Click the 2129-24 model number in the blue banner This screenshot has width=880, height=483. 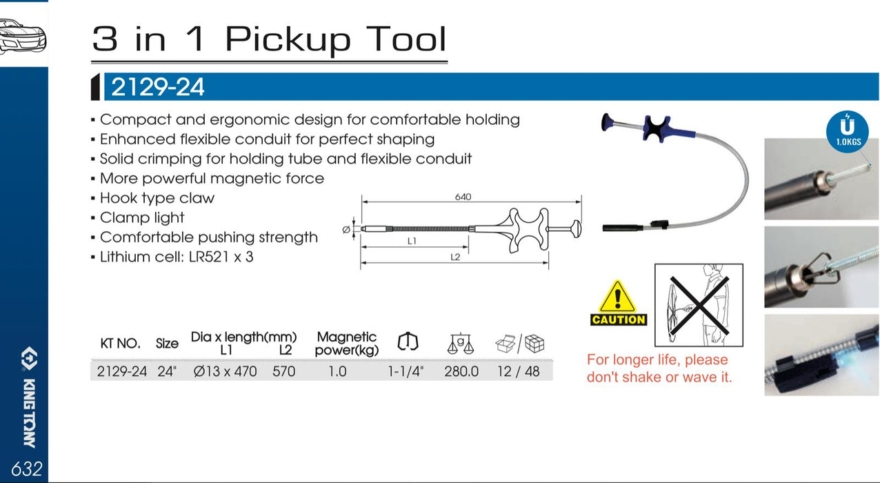(x=158, y=88)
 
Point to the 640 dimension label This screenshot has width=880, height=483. (x=463, y=197)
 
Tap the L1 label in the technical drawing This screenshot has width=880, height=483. (x=412, y=241)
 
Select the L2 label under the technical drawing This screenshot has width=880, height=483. (x=455, y=257)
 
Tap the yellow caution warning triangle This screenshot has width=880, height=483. (x=618, y=297)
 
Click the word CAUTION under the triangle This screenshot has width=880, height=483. (x=619, y=319)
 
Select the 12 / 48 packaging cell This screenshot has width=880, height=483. (x=519, y=371)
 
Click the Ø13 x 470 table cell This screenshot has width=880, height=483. (x=225, y=371)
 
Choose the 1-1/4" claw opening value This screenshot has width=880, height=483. (x=406, y=371)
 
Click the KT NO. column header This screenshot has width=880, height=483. (x=120, y=343)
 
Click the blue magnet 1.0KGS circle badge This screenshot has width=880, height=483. (x=848, y=130)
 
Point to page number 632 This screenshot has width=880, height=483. (x=26, y=469)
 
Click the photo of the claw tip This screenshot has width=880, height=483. (x=820, y=267)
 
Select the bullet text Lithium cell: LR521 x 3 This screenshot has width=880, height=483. (x=177, y=257)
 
